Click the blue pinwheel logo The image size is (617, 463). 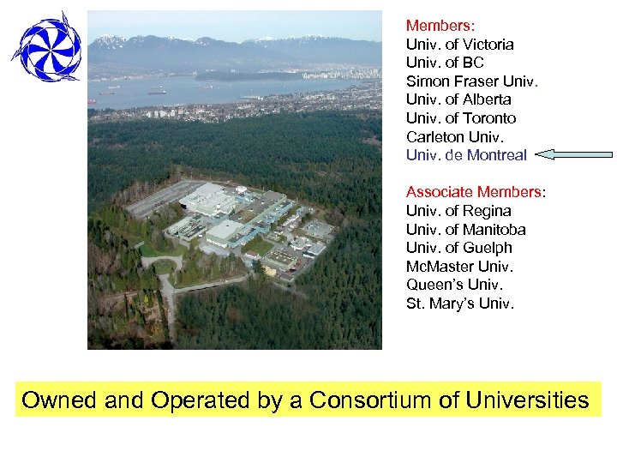[x=46, y=47]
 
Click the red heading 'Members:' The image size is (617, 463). [x=440, y=26]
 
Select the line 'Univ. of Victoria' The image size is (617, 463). [x=459, y=44]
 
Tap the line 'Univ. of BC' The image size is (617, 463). [x=445, y=63]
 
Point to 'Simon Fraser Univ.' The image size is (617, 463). [x=472, y=81]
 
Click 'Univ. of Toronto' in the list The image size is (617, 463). [x=461, y=118]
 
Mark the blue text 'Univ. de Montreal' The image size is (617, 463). [x=466, y=155]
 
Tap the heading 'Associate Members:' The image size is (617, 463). [x=476, y=191]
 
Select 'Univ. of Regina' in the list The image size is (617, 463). [x=458, y=210]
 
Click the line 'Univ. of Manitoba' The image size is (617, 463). [x=465, y=229]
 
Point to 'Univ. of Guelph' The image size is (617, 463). [x=458, y=248]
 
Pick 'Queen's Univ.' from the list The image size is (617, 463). [x=454, y=285]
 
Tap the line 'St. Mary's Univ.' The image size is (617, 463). [x=460, y=304]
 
